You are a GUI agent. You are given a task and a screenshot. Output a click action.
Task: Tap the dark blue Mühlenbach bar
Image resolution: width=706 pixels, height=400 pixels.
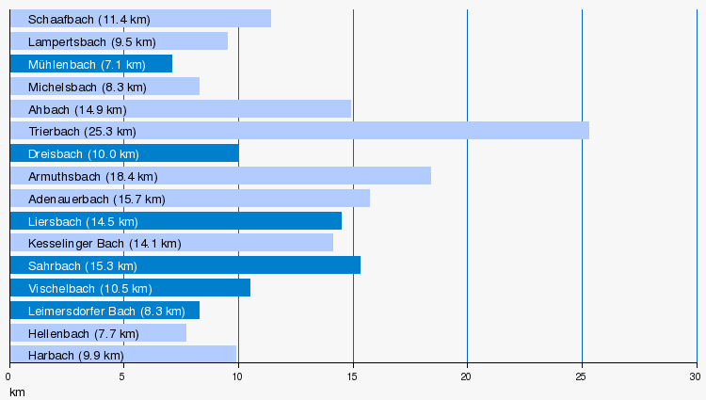pos(90,64)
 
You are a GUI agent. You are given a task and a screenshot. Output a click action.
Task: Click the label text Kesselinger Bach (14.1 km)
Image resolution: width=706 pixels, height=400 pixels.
pos(104,244)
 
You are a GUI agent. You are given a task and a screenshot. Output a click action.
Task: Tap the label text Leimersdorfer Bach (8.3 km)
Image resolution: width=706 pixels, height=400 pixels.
pos(106,311)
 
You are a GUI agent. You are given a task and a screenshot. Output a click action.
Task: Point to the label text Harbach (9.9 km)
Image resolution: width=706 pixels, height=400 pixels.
pos(75,356)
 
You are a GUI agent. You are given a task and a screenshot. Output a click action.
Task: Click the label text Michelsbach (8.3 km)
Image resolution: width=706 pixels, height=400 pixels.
pos(88,87)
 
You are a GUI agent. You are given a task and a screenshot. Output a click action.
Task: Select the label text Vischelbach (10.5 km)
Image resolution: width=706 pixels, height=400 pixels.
pos(89,288)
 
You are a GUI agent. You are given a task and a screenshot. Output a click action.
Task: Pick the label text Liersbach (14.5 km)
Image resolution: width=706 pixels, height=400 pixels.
pos(83,221)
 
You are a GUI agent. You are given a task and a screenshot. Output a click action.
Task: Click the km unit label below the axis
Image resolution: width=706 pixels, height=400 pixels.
pos(16,391)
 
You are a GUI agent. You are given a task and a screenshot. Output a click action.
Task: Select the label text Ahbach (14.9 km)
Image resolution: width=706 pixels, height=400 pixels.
pos(77,109)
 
